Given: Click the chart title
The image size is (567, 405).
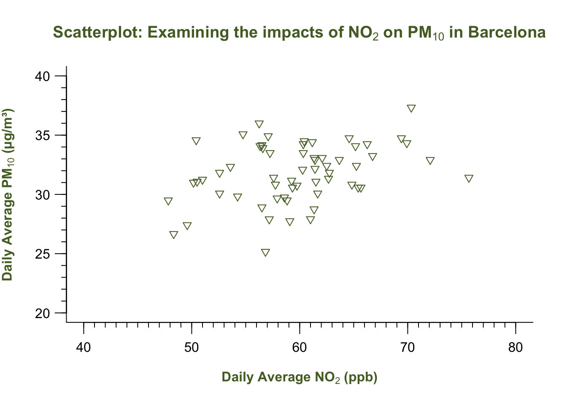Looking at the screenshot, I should [x=300, y=32].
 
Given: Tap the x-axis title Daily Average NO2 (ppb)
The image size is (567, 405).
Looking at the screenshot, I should [x=300, y=377].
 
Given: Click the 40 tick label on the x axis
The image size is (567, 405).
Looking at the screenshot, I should [x=84, y=348].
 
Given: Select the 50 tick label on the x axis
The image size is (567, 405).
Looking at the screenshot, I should [x=192, y=348].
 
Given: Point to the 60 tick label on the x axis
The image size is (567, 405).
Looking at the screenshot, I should [x=300, y=348].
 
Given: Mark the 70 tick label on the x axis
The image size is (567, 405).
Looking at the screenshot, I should [x=408, y=348].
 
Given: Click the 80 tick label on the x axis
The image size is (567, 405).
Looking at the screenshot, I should [x=516, y=348].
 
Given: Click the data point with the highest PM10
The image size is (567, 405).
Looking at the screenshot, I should [x=411, y=108].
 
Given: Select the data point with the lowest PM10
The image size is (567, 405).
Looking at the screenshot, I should [x=265, y=253].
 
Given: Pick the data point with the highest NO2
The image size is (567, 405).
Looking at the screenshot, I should [x=469, y=178].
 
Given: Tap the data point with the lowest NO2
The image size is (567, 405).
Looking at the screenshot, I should [x=168, y=201].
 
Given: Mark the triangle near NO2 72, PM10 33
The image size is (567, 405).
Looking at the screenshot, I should [x=430, y=161].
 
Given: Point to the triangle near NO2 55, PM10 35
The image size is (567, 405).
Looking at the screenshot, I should [x=243, y=135].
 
